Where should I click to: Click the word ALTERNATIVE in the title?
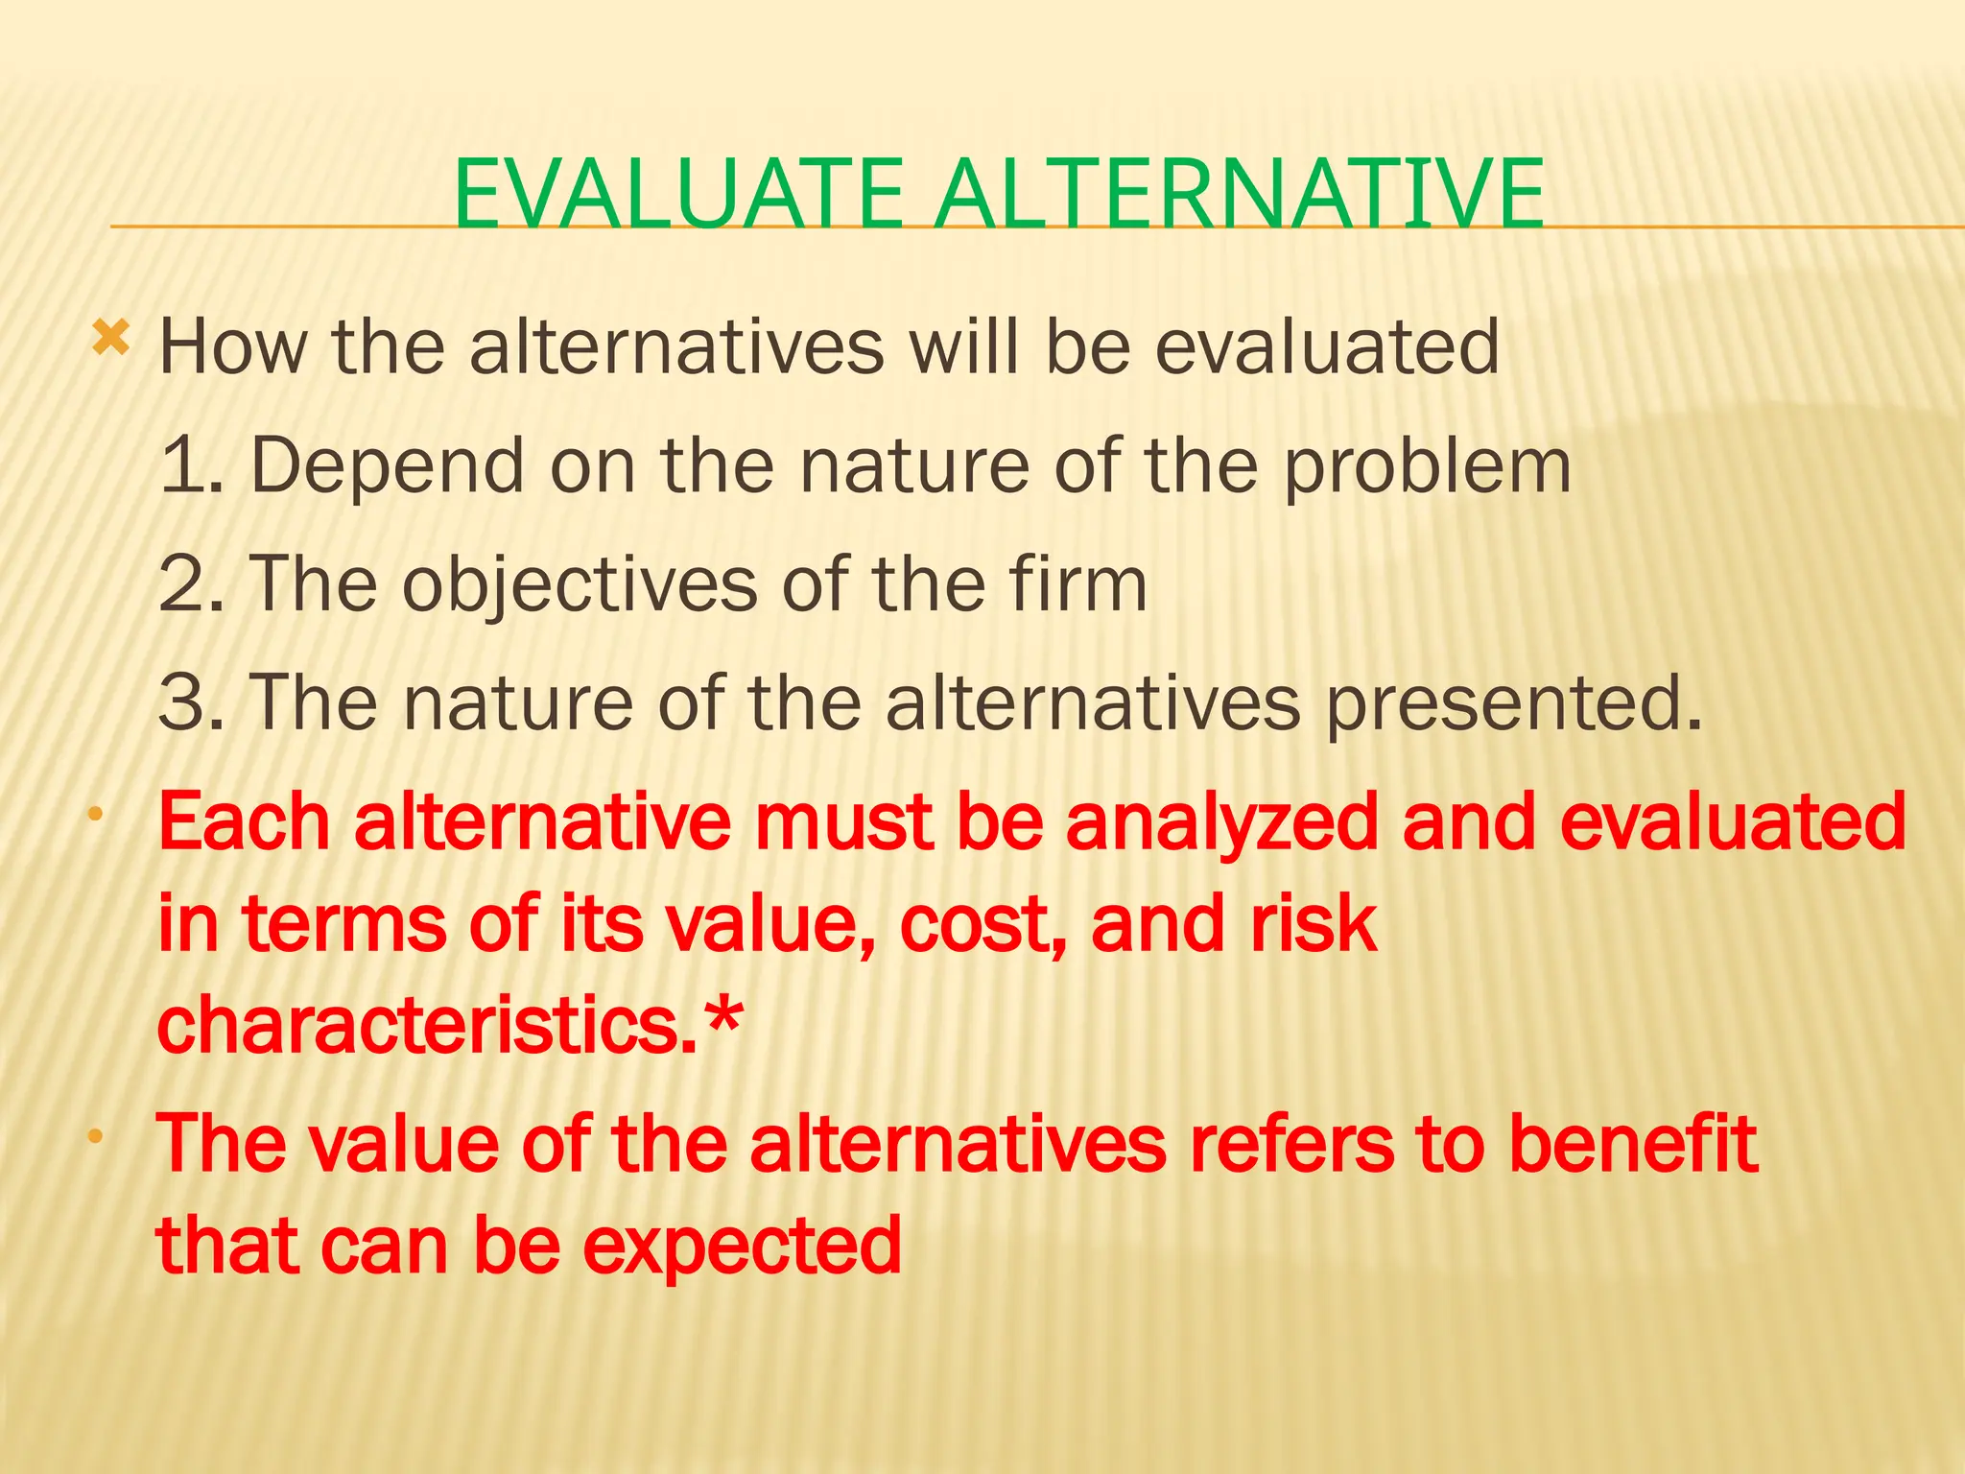click(x=1239, y=195)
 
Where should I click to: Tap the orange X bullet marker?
click(x=110, y=339)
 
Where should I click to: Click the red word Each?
click(x=244, y=822)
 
